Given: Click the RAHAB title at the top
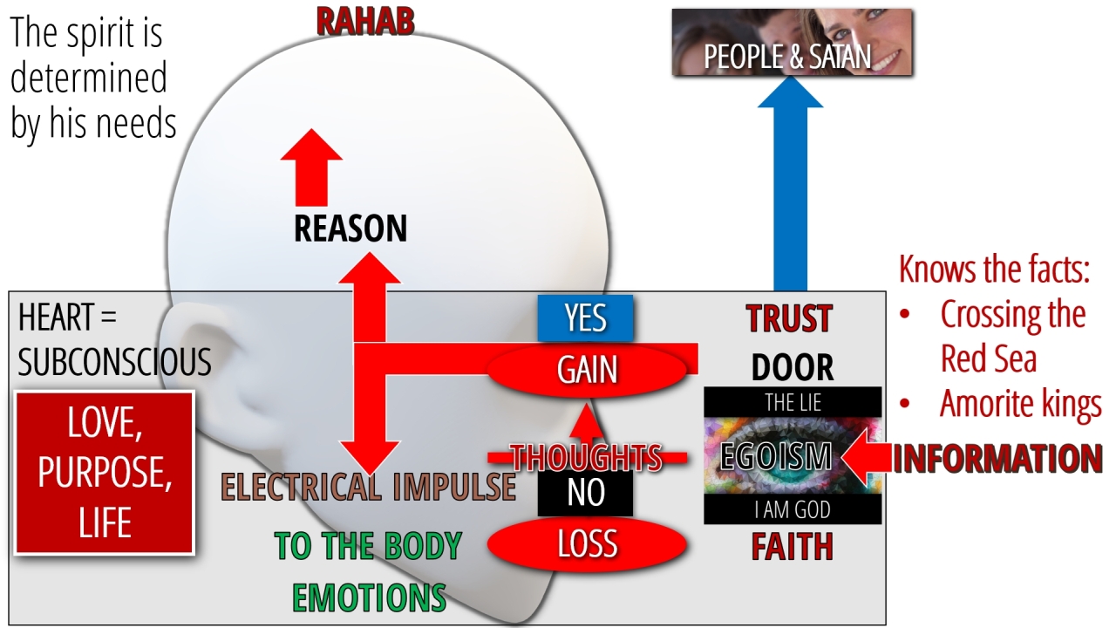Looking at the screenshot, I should coord(364,22).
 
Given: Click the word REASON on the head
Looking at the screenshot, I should coord(350,229).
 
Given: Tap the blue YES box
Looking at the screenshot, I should coord(585,318).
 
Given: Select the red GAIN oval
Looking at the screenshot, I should coord(588,370).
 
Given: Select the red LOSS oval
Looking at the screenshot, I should coord(587,544).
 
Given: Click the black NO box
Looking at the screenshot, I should coord(585,494).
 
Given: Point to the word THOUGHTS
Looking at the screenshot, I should coord(587,457).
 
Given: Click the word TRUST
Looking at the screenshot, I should coord(790,319).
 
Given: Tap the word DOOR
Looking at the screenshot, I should coord(793,368).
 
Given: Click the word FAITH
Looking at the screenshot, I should coord(793,547).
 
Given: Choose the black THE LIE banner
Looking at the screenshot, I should coord(793,402).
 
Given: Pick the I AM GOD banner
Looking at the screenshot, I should coord(793,509).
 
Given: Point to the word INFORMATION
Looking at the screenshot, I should coord(997,459).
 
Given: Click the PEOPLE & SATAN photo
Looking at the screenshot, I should coord(792,43).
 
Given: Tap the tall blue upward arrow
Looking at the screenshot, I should coord(790,188).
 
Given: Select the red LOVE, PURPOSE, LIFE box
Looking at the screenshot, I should coord(105,473).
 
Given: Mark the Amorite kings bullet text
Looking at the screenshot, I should coord(1020,405).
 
